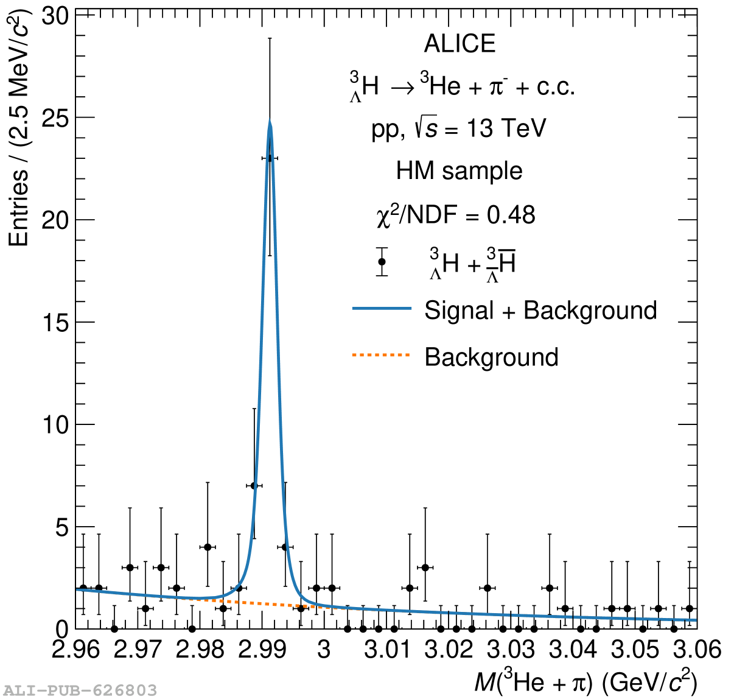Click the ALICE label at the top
click(x=460, y=44)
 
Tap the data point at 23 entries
click(x=270, y=158)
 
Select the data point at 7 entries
click(x=254, y=485)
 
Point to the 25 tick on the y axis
click(x=55, y=118)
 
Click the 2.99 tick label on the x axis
click(x=262, y=650)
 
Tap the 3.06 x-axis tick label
click(x=697, y=650)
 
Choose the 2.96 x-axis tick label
click(x=75, y=650)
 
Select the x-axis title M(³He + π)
click(x=585, y=681)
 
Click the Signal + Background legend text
click(x=540, y=311)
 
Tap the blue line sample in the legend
click(x=382, y=309)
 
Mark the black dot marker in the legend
click(x=382, y=262)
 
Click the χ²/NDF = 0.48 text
click(x=456, y=215)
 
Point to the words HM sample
click(x=459, y=171)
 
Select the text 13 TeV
click(x=506, y=128)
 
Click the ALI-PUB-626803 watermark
click(x=80, y=690)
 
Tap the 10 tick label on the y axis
click(x=55, y=424)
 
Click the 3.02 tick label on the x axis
click(x=449, y=650)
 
